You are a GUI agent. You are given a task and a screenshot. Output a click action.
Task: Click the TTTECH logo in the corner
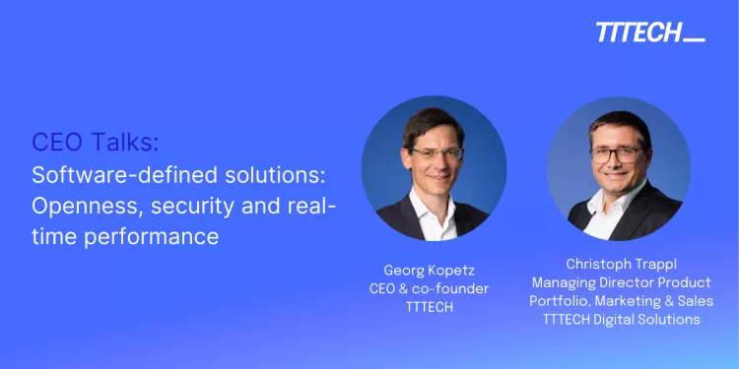pyautogui.click(x=649, y=32)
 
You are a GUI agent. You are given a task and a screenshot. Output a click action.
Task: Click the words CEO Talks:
pyautogui.click(x=94, y=142)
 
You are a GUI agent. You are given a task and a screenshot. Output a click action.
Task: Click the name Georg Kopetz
pyautogui.click(x=436, y=270)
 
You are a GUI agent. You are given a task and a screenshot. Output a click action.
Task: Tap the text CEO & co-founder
pyautogui.click(x=436, y=288)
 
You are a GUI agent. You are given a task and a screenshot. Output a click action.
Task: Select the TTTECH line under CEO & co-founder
pyautogui.click(x=436, y=306)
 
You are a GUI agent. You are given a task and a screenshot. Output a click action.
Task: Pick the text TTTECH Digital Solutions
pyautogui.click(x=621, y=319)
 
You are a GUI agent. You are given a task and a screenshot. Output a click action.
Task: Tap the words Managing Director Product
pyautogui.click(x=621, y=282)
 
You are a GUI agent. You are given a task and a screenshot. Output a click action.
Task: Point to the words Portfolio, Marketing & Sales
pyautogui.click(x=621, y=301)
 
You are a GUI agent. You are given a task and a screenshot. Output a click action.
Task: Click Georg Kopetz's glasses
pyautogui.click(x=437, y=154)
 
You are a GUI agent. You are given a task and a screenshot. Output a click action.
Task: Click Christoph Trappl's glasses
pyautogui.click(x=618, y=154)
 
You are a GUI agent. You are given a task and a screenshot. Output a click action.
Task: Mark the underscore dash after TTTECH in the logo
pyautogui.click(x=694, y=39)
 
